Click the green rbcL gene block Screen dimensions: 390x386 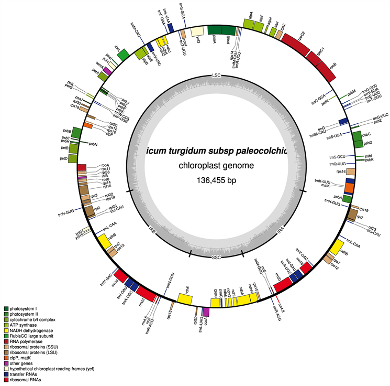124,54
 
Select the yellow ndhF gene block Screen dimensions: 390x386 185,299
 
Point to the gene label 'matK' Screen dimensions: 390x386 325,185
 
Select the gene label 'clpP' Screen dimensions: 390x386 109,134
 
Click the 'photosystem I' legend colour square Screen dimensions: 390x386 6,308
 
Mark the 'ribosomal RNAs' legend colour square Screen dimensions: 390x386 6,379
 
